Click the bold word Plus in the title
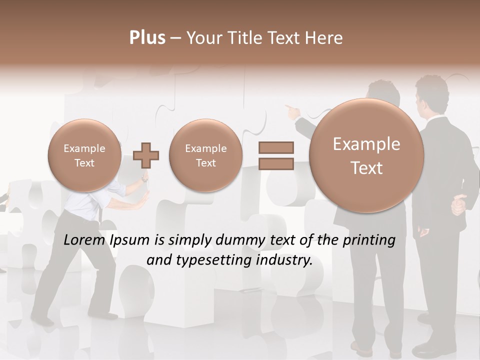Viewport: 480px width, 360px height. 147,38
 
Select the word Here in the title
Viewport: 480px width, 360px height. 325,38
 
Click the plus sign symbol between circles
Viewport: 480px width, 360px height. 146,155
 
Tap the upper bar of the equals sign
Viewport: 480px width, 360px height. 276,147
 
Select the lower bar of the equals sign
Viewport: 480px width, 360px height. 276,163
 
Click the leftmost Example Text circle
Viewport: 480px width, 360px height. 84,155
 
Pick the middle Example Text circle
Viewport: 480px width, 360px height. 205,155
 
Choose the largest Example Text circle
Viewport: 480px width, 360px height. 366,155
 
